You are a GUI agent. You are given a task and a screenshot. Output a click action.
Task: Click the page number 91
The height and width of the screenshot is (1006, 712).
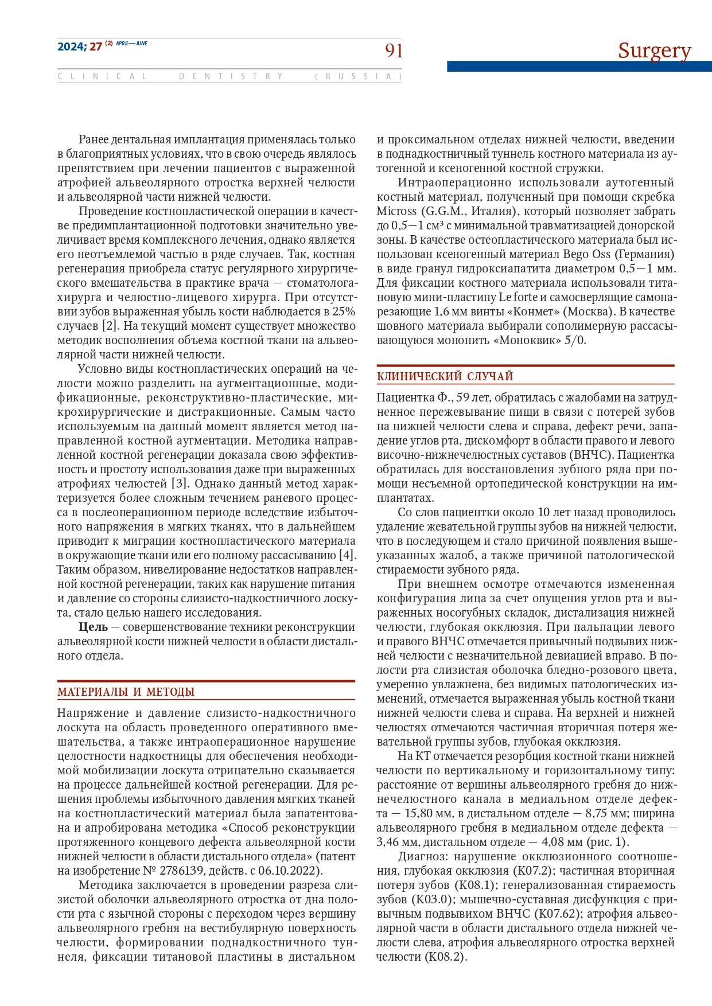tap(394, 51)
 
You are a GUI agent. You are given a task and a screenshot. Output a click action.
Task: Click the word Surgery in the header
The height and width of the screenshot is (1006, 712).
tap(654, 50)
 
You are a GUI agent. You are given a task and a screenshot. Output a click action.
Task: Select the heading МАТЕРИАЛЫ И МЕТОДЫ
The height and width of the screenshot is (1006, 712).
tap(126, 692)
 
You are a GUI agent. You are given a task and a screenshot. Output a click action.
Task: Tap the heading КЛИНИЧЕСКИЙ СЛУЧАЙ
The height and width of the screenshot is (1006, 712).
tap(445, 376)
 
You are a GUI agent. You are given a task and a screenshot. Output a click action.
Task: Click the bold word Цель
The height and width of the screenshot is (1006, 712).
tap(93, 627)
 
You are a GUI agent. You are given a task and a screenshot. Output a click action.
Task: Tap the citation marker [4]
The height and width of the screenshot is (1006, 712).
tap(347, 555)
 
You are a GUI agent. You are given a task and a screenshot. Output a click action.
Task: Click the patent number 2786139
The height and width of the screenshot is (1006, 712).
tap(180, 871)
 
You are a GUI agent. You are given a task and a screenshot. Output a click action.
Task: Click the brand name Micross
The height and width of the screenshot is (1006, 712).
tap(396, 211)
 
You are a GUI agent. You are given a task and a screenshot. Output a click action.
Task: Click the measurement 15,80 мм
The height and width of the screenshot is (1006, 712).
tap(421, 813)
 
